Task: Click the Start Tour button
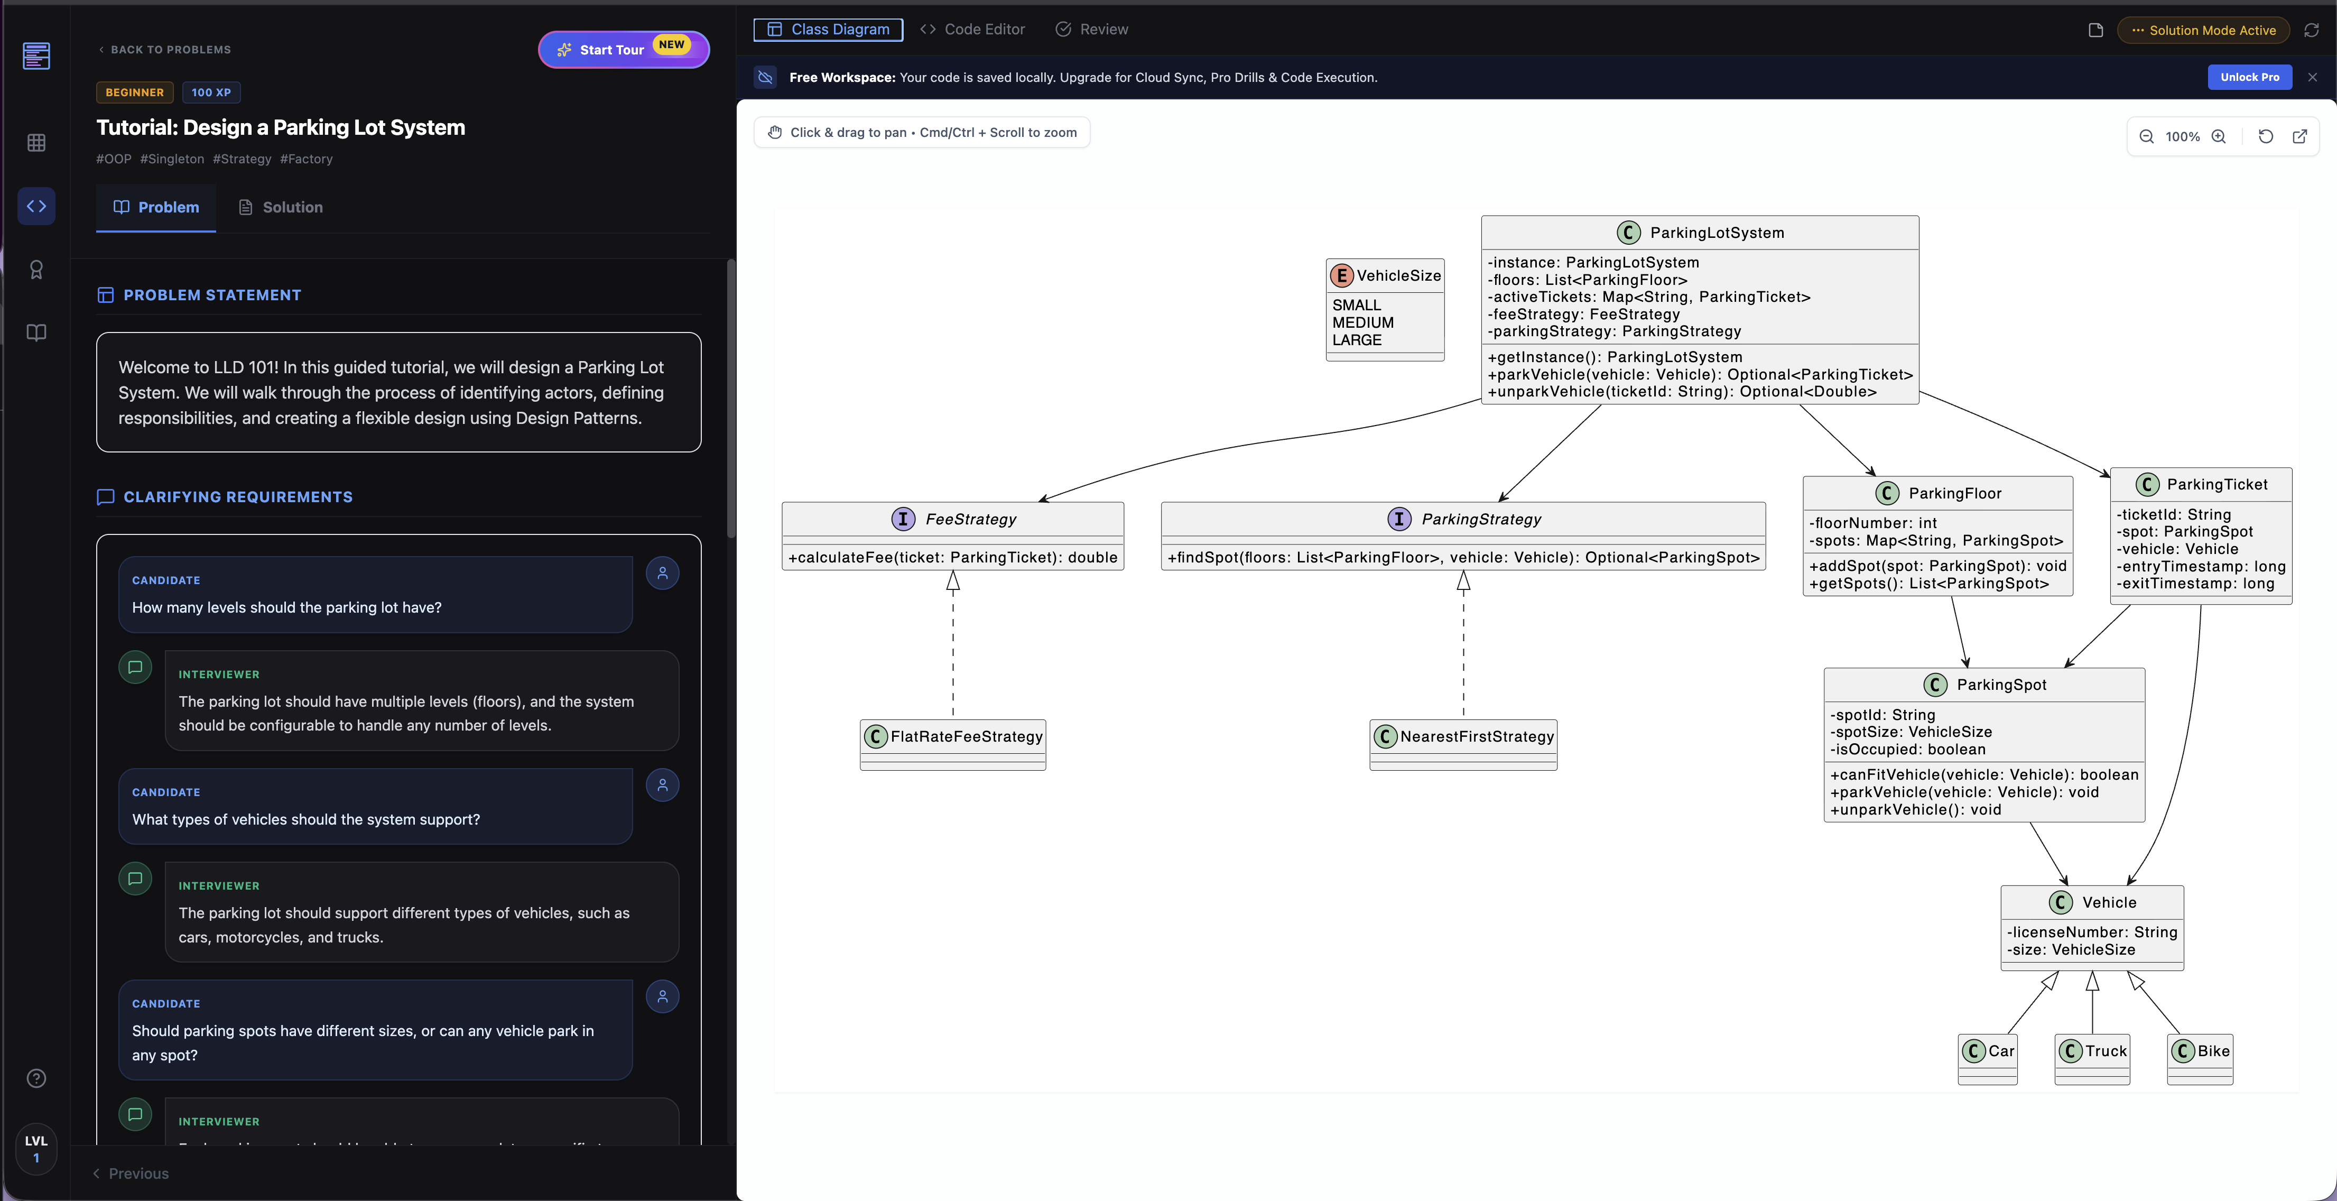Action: coord(623,49)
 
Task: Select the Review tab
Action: coord(1092,29)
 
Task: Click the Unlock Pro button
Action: coord(2249,77)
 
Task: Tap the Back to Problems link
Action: coord(164,50)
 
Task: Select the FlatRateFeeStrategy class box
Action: coord(952,744)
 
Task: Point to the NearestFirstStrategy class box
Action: coord(1463,744)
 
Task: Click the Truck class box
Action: coord(2092,1059)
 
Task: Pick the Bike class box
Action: coord(2200,1059)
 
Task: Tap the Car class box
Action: coord(1988,1059)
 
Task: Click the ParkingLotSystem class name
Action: coord(1717,232)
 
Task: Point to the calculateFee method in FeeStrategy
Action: coord(952,557)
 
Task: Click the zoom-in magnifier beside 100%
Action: coord(2218,136)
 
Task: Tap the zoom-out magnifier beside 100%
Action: coord(2147,136)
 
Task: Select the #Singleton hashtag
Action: coord(172,159)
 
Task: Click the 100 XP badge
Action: coord(211,93)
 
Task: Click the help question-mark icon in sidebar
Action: coord(36,1078)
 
